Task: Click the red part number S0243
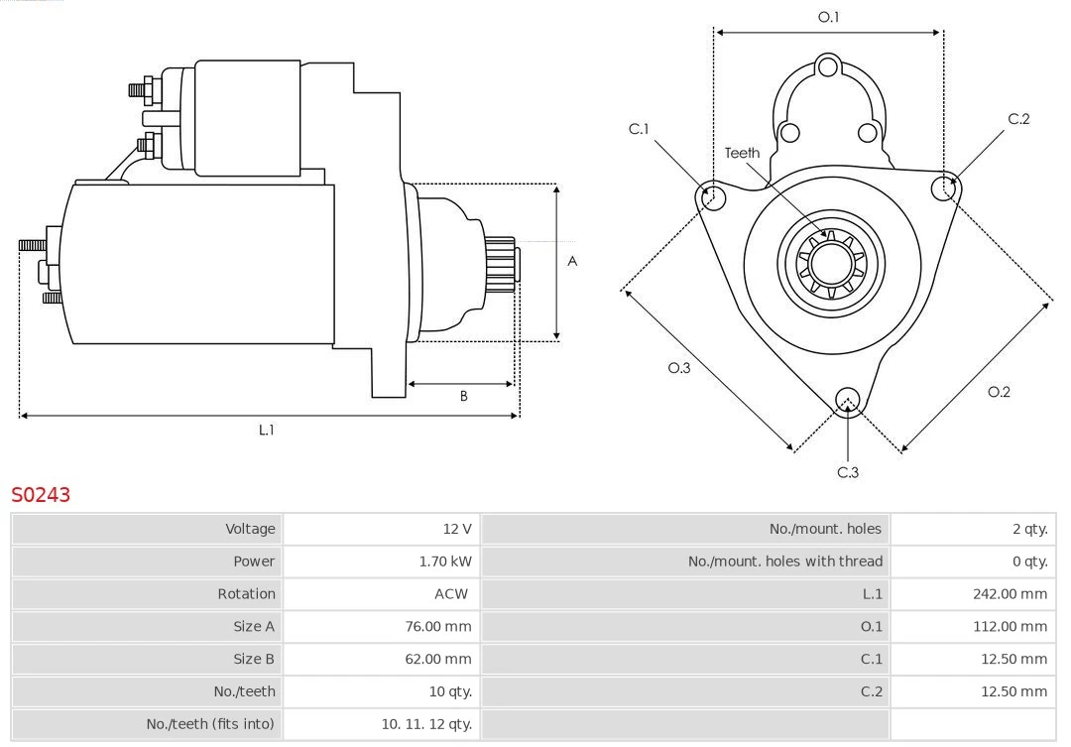coord(41,494)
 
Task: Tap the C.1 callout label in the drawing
coord(639,129)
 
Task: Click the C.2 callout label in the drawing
coord(1018,119)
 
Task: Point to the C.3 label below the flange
coord(848,472)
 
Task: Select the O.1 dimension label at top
coord(828,17)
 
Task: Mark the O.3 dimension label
coord(678,368)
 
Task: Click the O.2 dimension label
coord(999,392)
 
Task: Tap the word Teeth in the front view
coord(742,153)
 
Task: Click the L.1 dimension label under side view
coord(266,430)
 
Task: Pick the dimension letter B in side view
coord(463,396)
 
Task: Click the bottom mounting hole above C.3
coord(847,400)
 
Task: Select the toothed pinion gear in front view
coord(832,264)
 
